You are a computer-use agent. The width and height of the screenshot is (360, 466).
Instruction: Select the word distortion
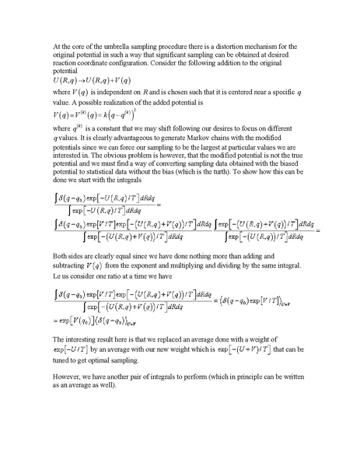[237, 47]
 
